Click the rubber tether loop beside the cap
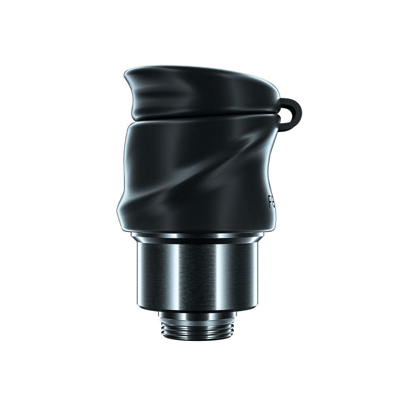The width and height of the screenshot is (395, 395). tap(297, 105)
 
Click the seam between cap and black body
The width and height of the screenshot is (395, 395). tap(197, 119)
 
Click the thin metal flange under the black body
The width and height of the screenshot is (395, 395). tap(197, 236)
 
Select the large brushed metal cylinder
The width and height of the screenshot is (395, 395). tap(197, 273)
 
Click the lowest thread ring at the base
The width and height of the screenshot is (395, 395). tap(197, 337)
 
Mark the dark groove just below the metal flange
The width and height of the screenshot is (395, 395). tap(197, 241)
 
